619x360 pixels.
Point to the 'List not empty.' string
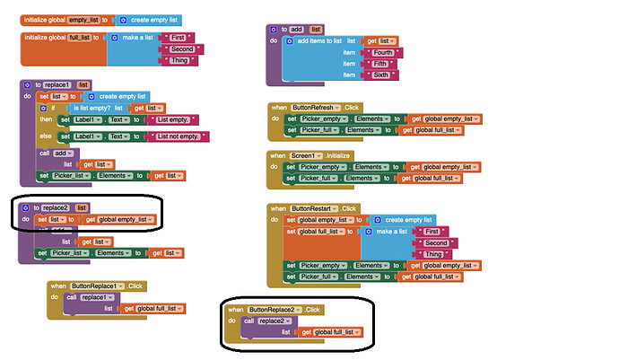coord(178,136)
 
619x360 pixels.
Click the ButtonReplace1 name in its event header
coord(98,285)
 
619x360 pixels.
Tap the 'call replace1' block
coord(87,296)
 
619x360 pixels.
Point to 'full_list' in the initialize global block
coord(81,37)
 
